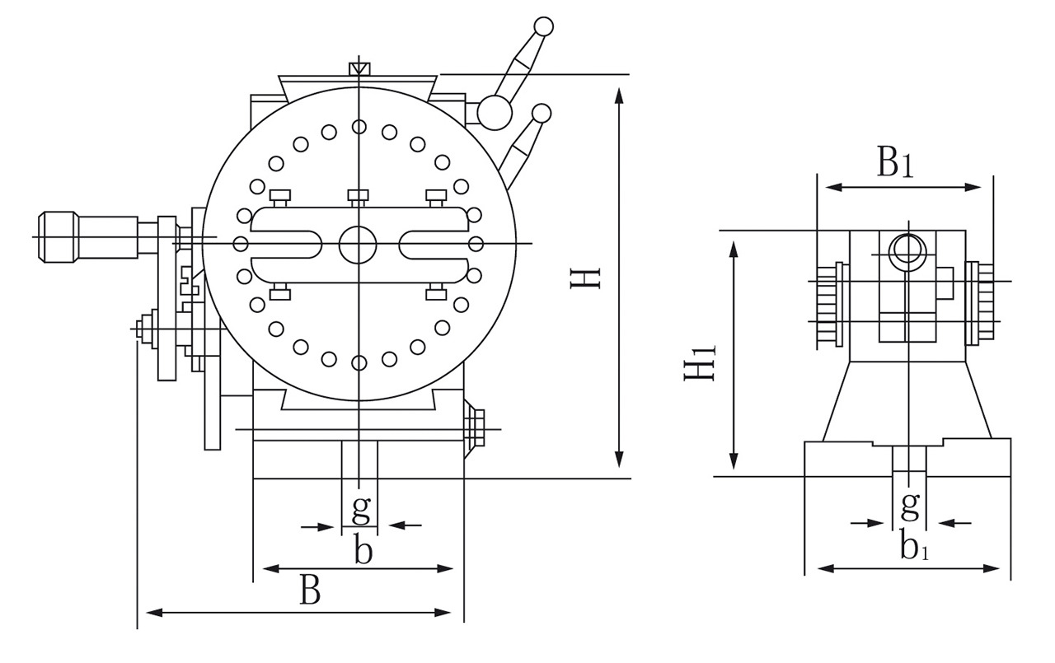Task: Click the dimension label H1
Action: [x=700, y=362]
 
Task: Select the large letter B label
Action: [x=310, y=591]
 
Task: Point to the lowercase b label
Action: [x=363, y=550]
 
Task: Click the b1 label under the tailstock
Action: [x=914, y=546]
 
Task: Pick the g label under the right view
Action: [x=910, y=502]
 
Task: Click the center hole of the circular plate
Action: [x=358, y=244]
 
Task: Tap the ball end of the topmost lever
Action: [x=542, y=26]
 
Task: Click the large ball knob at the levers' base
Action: [x=495, y=113]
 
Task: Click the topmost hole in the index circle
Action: [x=359, y=126]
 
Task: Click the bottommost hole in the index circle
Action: [x=359, y=362]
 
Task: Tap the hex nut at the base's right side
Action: [x=473, y=429]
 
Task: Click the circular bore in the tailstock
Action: [x=906, y=247]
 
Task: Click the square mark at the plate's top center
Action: [x=359, y=68]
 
